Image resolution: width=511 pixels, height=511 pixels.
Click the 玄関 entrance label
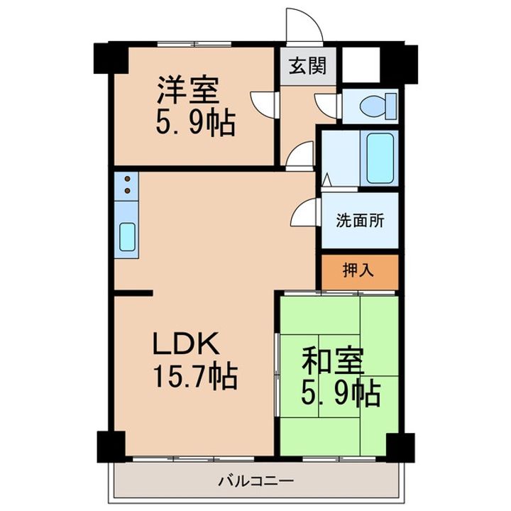click(307, 66)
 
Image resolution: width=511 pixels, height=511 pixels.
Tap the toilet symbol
click(378, 106)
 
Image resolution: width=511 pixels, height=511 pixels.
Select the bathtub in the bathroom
click(380, 158)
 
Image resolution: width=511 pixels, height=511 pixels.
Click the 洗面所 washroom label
click(360, 221)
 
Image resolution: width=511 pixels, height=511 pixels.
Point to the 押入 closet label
click(358, 270)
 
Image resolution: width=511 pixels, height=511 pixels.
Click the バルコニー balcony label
click(256, 480)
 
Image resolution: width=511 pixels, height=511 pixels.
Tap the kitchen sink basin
click(127, 237)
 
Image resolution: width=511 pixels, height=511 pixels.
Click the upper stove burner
click(128, 179)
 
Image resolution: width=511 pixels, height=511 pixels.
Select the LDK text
click(186, 344)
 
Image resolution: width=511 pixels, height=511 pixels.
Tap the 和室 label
click(333, 361)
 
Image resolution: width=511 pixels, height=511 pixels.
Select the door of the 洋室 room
click(265, 105)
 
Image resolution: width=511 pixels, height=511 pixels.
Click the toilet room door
click(328, 106)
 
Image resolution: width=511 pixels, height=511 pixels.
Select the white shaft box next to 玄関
click(361, 65)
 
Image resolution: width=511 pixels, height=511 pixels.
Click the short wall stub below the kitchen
click(133, 293)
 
